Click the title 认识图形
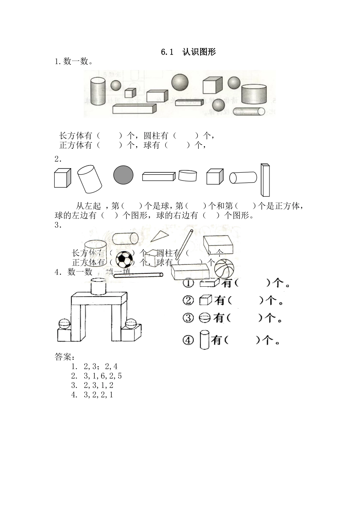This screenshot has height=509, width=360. point(199,52)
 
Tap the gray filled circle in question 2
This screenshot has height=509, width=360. point(124,175)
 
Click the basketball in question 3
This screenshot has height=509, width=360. point(224,268)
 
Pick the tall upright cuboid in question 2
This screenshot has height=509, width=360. point(265,180)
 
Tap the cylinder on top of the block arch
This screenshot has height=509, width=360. point(99,286)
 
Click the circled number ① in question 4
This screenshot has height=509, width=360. point(188,283)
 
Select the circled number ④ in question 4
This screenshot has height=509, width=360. point(188,340)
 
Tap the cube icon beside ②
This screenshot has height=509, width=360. point(205,300)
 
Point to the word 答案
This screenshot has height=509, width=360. point(64,357)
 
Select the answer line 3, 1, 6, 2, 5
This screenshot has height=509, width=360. point(102,376)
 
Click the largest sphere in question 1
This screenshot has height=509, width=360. point(180,82)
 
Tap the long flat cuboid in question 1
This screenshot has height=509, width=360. point(135,109)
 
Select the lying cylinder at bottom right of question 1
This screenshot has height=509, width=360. point(249,111)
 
